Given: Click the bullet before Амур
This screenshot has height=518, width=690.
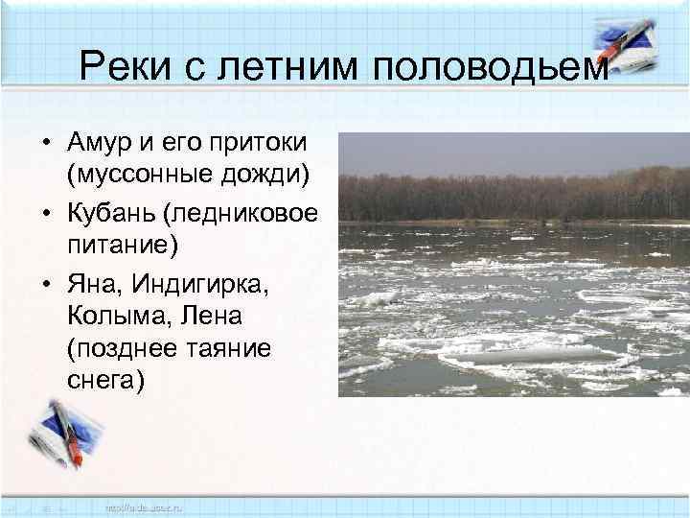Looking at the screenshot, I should (44, 144).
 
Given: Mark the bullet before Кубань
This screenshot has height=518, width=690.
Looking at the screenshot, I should (44, 212).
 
